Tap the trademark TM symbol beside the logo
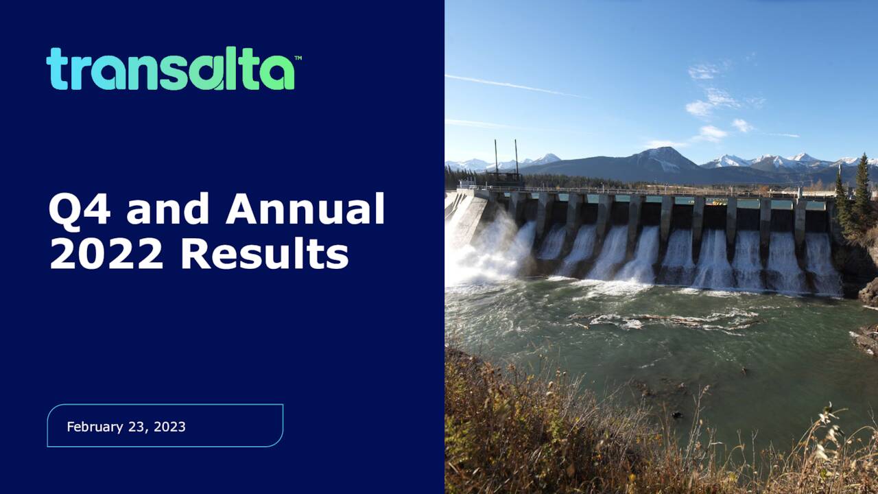coord(298,58)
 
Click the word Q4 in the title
coord(79,209)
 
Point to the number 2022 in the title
coord(106,254)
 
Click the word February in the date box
coord(95,427)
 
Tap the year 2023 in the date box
coord(169,427)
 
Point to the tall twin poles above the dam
coord(506,159)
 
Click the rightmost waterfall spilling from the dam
coord(822,264)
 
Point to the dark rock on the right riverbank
coord(868,292)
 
